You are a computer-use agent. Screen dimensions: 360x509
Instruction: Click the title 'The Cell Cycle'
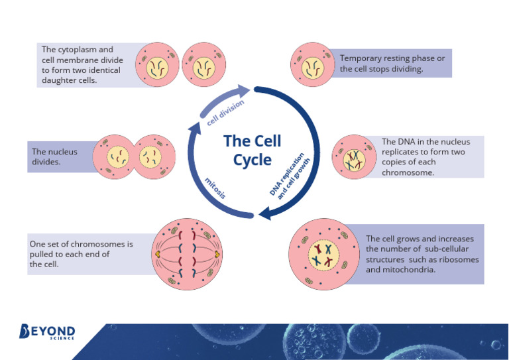tap(252, 150)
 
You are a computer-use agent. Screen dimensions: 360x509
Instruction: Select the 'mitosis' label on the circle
tap(215, 188)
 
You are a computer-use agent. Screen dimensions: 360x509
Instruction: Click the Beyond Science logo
tap(47, 331)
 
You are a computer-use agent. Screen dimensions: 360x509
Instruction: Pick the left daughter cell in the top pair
tap(158, 65)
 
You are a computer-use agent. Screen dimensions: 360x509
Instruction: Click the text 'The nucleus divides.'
tap(55, 156)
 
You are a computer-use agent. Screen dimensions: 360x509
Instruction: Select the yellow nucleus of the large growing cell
tap(323, 255)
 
